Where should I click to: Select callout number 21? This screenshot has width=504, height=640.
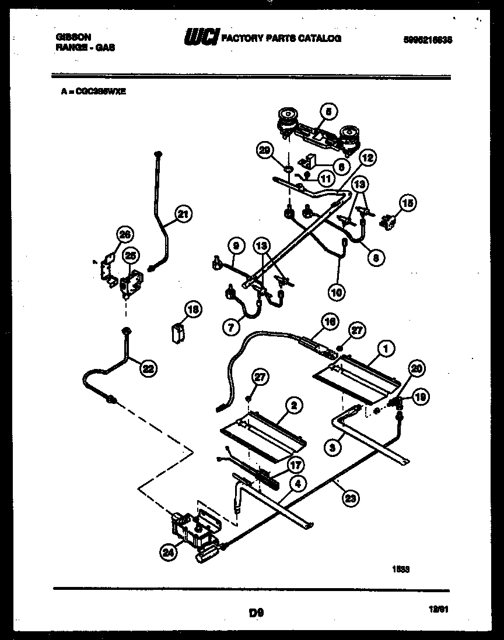(183, 214)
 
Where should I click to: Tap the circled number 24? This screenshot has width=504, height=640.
(169, 554)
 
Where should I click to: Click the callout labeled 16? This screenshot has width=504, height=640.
(330, 321)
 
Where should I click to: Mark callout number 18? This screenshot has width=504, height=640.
(194, 310)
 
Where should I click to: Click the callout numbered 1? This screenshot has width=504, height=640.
(385, 348)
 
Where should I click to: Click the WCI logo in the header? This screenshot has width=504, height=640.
(201, 38)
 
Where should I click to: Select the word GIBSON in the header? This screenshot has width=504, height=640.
(73, 36)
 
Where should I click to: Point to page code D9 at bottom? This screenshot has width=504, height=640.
(256, 613)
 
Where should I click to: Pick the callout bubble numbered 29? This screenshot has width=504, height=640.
(266, 152)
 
